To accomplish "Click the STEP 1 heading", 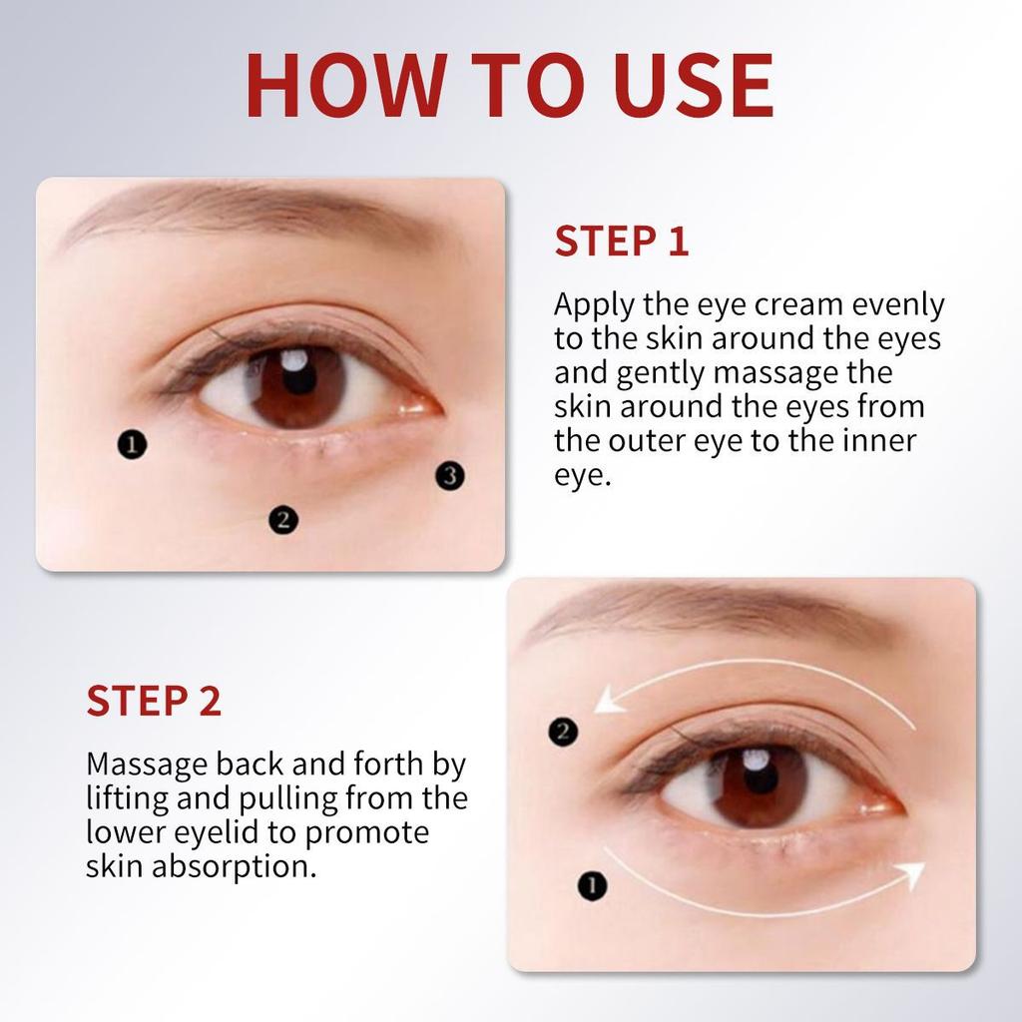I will (x=622, y=242).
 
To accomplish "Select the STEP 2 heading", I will (x=154, y=701).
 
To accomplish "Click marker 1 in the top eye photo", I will (x=132, y=444).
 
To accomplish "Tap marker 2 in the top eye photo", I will (x=283, y=519).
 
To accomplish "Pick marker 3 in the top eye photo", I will (x=450, y=476).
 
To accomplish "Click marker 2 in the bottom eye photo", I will (x=563, y=732).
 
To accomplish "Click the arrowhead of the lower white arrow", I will (x=909, y=875).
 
